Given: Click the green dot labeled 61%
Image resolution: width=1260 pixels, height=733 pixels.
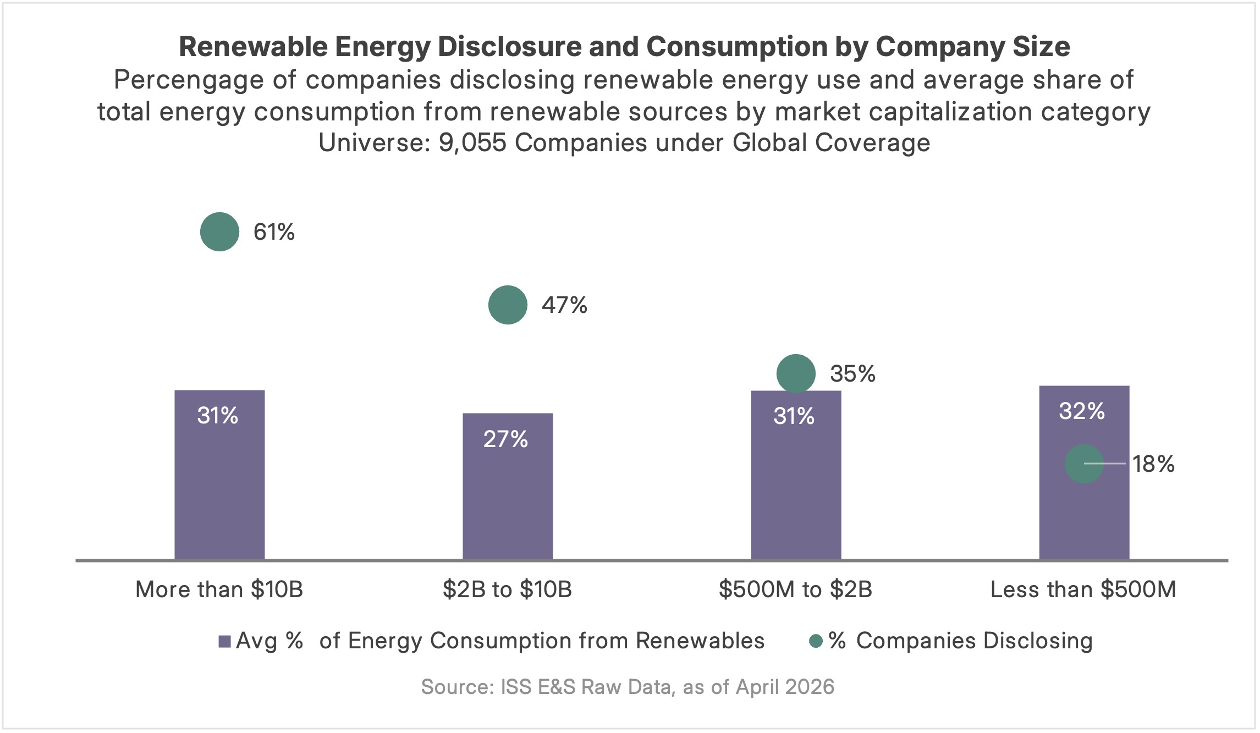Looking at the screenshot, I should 219,232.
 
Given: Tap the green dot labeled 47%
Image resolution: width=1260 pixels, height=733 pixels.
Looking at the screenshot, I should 508,305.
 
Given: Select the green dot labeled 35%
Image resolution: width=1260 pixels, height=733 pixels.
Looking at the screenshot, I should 796,373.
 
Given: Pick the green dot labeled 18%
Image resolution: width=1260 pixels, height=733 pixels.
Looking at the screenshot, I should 1084,464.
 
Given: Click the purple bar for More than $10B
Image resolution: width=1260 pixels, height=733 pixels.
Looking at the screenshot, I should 219,484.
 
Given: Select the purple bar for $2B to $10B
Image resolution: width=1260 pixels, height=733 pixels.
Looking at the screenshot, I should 508,495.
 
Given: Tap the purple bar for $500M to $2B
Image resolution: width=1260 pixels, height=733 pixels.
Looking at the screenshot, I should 796,484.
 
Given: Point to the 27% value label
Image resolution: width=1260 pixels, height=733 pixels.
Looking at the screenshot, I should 505,439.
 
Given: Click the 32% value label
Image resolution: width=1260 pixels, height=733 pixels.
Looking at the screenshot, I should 1082,411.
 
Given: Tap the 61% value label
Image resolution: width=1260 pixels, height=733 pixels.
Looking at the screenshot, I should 274,232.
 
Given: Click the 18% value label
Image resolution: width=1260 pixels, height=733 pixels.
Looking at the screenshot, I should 1153,464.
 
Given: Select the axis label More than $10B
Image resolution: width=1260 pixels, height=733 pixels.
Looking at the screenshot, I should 219,589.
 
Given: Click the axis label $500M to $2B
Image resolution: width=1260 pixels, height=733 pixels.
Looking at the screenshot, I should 795,589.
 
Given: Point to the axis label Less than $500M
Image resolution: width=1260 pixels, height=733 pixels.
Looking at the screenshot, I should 1083,589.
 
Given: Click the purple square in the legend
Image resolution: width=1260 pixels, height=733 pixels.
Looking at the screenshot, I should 224,641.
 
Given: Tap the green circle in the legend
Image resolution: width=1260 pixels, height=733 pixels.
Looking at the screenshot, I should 816,641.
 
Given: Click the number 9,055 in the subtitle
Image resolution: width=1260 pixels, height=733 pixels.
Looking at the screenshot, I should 472,143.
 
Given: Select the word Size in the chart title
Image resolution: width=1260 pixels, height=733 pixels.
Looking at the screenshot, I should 1041,47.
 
